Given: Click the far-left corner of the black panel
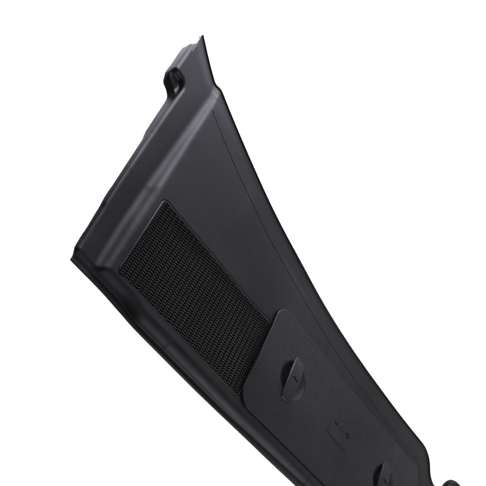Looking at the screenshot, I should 72,259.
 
